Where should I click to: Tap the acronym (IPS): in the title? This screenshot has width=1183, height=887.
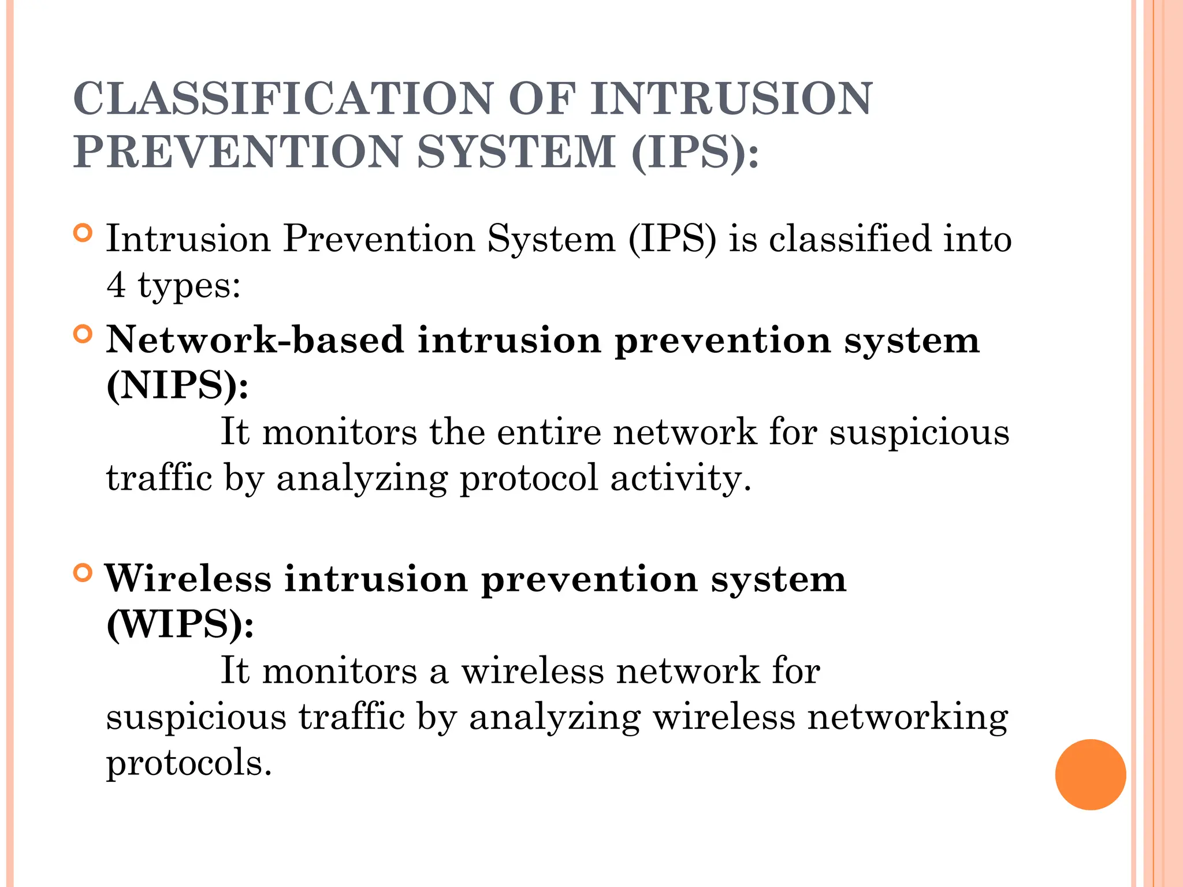[695, 152]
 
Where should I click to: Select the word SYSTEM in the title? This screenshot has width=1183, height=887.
[516, 152]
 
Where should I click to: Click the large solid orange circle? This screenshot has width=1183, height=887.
[1090, 774]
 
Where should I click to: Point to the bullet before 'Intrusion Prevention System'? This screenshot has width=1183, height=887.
[83, 233]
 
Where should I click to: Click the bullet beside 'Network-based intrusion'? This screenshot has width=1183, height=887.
[83, 334]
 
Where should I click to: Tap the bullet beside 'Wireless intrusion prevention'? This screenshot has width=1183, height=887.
[83, 573]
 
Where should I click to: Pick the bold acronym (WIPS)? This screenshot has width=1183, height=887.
[180, 624]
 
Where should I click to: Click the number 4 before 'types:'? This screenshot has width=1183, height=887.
[116, 285]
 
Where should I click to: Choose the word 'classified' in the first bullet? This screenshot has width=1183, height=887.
[850, 238]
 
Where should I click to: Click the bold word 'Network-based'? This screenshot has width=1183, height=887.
[255, 340]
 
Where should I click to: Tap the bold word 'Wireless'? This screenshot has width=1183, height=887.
[188, 579]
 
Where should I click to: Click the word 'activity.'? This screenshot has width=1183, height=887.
[681, 478]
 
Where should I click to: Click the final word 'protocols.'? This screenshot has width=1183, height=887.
[188, 763]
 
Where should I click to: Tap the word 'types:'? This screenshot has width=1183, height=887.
[189, 286]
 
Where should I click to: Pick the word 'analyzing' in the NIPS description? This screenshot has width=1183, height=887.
[362, 478]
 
